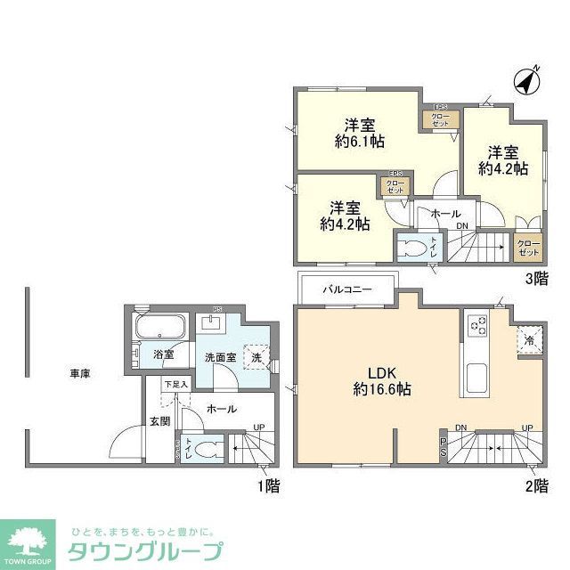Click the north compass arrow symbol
(527, 81)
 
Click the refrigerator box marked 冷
(529, 339)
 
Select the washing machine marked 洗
(256, 356)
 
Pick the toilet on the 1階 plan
(203, 450)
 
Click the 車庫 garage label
(80, 375)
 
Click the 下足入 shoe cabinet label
(175, 386)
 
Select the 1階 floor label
(267, 485)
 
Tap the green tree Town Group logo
(30, 537)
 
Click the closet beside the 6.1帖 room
(441, 119)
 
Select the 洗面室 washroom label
(219, 356)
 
